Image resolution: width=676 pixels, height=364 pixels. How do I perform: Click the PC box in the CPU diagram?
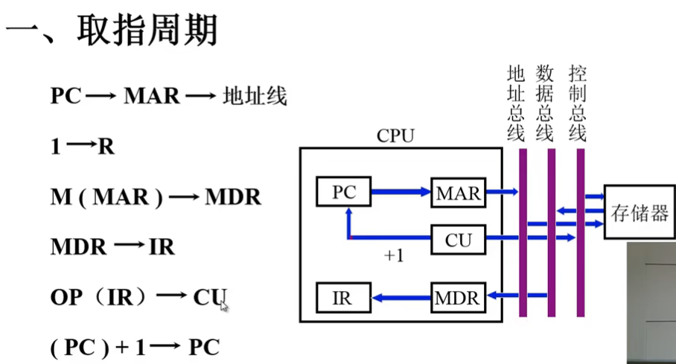[x=343, y=192]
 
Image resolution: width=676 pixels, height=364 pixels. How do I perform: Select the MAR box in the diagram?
[x=457, y=193]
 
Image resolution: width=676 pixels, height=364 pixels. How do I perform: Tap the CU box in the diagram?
[x=457, y=240]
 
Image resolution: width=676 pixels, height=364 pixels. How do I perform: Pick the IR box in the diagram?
[x=343, y=298]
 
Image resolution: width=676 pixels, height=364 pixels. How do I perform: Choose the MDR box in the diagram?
[x=457, y=298]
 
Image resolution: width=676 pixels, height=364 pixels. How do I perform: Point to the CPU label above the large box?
[x=395, y=136]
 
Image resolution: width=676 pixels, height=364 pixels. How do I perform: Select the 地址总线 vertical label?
[x=516, y=103]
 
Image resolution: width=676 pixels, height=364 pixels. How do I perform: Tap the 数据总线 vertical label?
[x=545, y=103]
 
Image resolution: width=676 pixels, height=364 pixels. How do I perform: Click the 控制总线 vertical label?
[x=577, y=103]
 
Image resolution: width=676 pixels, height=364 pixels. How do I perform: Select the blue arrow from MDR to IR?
[x=401, y=298]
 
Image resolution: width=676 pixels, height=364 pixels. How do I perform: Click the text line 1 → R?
[x=83, y=147]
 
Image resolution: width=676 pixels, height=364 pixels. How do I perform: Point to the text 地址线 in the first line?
[x=255, y=97]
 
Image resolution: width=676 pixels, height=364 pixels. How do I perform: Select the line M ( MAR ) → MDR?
[x=156, y=197]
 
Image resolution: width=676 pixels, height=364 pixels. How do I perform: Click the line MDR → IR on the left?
[x=112, y=247]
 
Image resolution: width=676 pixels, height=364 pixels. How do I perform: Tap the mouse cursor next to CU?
[x=223, y=305]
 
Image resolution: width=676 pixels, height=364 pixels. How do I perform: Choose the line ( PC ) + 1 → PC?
[x=135, y=348]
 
